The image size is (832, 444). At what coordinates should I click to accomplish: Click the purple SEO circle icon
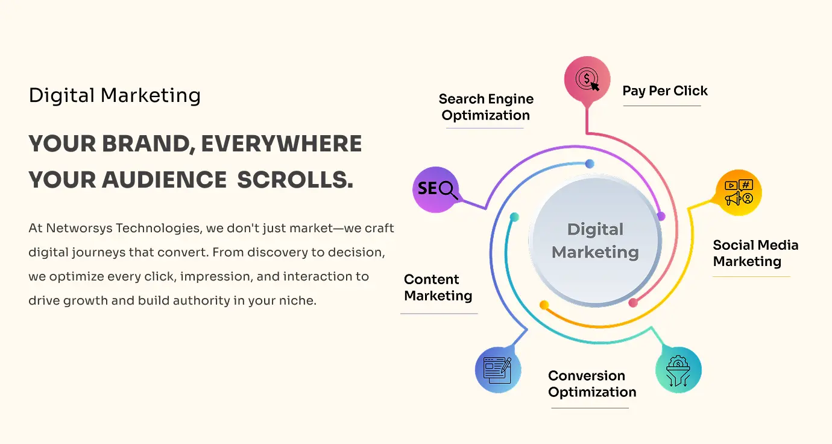435,189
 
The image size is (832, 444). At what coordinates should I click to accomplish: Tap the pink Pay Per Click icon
587,79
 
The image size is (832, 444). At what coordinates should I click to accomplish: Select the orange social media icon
739,192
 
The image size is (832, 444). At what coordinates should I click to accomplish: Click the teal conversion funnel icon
678,369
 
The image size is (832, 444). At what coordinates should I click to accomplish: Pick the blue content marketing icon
498,369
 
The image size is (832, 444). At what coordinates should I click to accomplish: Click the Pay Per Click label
665,91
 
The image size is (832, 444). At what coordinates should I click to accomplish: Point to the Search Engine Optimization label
486,107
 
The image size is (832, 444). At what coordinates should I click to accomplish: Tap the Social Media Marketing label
755,253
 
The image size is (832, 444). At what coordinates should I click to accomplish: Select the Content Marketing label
438,288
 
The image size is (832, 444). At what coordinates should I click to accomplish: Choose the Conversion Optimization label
592,384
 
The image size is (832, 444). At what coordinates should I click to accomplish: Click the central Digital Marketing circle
595,241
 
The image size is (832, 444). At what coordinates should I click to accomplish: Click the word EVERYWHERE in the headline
281,144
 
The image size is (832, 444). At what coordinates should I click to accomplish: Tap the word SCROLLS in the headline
295,179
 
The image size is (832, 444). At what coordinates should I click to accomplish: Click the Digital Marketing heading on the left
115,95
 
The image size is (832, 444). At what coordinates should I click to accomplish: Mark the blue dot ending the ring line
590,163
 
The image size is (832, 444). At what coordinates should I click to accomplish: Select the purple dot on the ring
661,216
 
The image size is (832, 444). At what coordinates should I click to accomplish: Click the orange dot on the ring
544,305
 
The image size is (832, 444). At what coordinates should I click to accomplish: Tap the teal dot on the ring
514,217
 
